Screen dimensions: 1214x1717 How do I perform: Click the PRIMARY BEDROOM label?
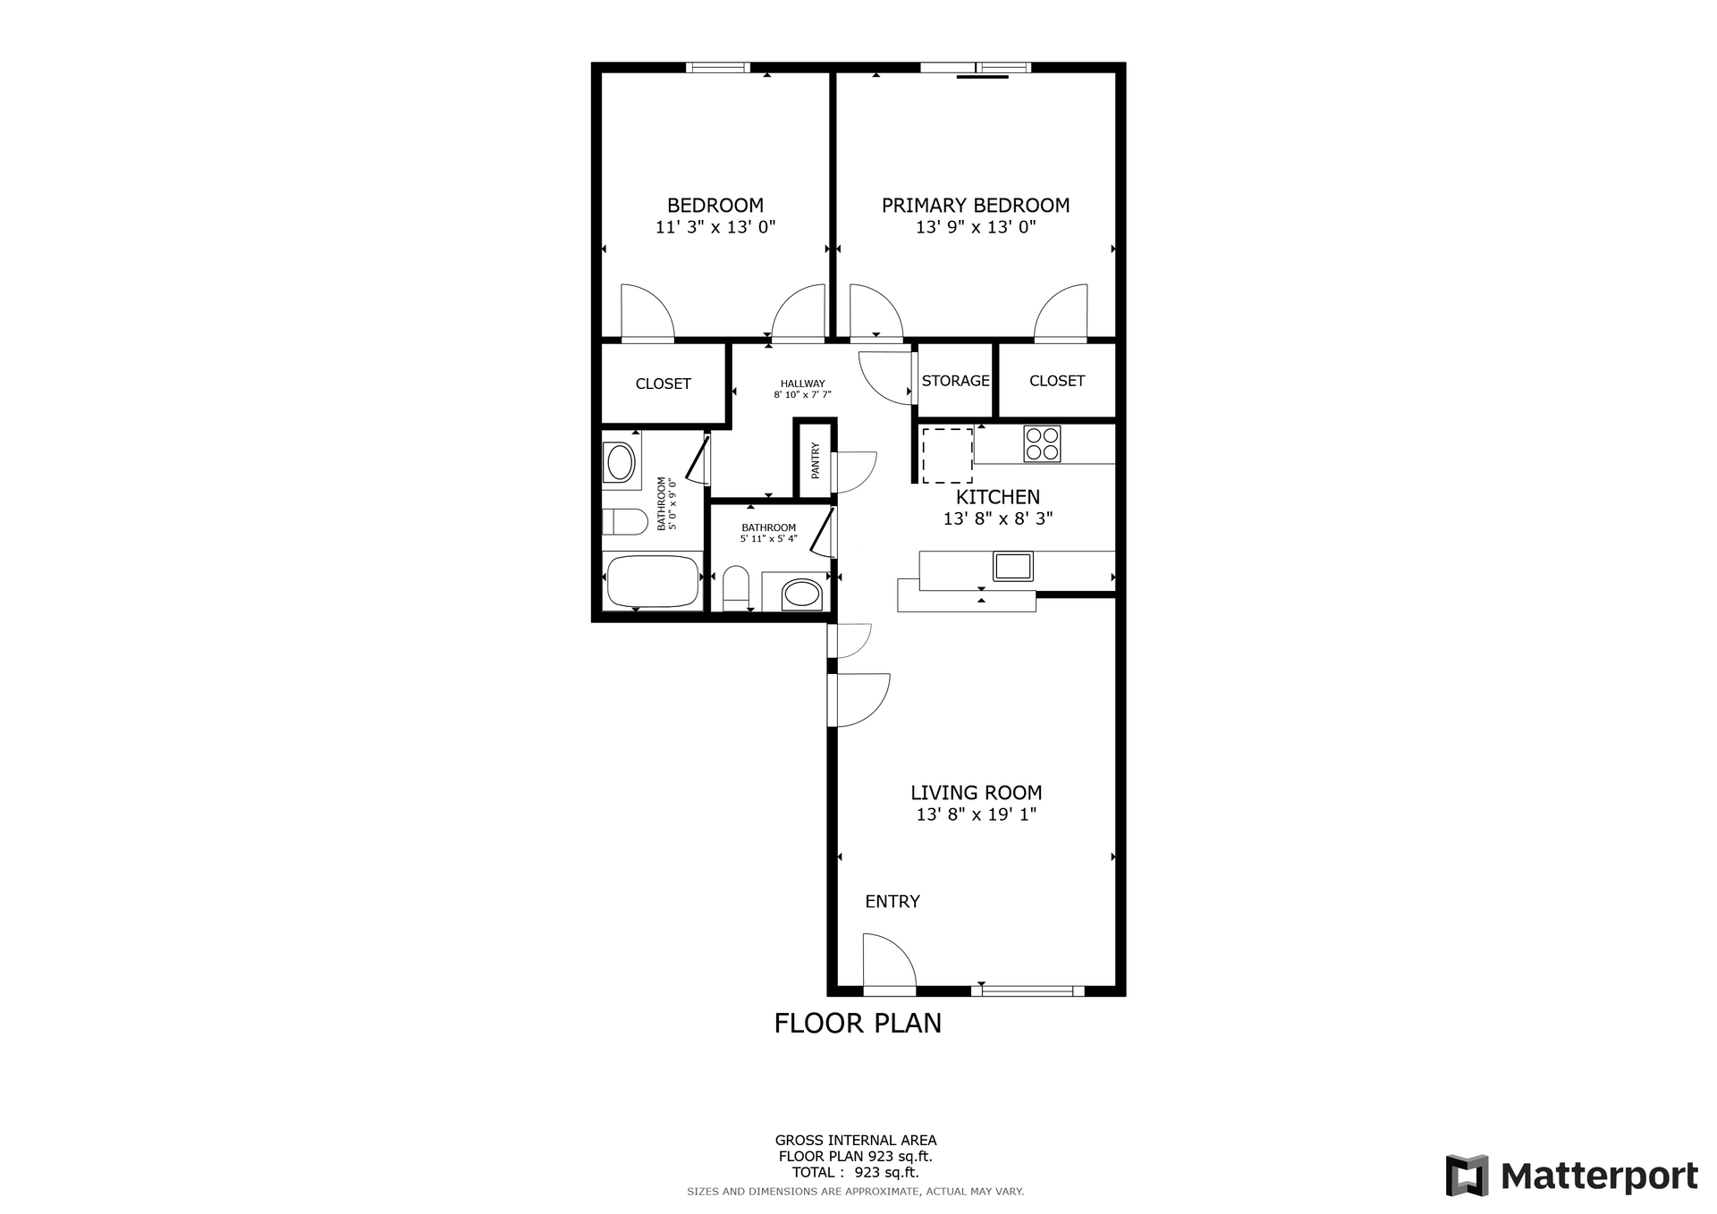[975, 206]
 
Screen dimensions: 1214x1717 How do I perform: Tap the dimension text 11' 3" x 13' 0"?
[715, 227]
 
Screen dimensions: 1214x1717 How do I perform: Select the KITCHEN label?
[997, 497]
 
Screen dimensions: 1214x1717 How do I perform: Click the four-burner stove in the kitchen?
[1042, 443]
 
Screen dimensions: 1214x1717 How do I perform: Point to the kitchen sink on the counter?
[1012, 567]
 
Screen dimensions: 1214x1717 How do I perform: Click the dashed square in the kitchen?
[947, 456]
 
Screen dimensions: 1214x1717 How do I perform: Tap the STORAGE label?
[955, 381]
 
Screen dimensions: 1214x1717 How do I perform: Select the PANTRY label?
[815, 460]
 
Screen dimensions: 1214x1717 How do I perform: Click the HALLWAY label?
[802, 384]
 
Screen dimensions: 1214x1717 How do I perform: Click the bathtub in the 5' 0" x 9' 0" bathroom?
[652, 581]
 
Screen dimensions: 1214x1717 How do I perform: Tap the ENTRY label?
[892, 901]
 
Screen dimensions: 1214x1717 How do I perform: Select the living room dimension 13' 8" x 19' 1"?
[976, 814]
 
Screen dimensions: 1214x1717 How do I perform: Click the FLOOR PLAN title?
[857, 1023]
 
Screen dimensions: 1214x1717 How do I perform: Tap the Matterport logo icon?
[1467, 1176]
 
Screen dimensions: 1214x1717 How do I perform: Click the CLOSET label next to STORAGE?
[1056, 381]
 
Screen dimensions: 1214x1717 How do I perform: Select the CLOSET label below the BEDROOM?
[663, 384]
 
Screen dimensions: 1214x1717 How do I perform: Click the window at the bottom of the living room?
[1028, 991]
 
